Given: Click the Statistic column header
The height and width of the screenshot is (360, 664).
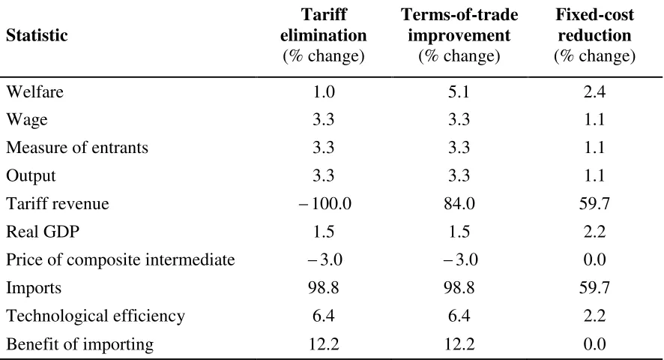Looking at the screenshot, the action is (37, 35).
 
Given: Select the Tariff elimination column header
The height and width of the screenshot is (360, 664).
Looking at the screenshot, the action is (324, 35).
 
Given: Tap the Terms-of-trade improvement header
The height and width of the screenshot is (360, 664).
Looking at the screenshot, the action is (459, 35).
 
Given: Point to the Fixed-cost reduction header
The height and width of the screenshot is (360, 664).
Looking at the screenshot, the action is (594, 35).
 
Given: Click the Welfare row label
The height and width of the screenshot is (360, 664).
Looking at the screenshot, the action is (34, 91).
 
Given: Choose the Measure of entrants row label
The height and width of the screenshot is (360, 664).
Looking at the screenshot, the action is (77, 148).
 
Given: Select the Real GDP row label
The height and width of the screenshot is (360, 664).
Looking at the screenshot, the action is (43, 232).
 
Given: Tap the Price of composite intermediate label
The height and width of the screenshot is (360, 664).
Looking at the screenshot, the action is (120, 259).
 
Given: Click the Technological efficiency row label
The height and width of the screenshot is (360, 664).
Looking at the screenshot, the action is (95, 316).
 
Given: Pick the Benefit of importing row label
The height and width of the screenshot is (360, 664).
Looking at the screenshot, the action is (79, 344).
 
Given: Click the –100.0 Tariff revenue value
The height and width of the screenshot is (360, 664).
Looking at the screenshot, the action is (325, 203).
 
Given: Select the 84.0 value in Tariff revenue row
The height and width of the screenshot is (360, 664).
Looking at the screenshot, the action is (459, 203).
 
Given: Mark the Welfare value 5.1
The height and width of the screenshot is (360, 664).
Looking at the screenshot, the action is (459, 91).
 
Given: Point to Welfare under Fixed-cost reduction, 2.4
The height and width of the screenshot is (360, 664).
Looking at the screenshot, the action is (594, 91).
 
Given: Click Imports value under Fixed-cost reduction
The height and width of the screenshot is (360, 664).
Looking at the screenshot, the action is (594, 287).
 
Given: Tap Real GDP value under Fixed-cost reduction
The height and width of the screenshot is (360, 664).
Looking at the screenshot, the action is (594, 232).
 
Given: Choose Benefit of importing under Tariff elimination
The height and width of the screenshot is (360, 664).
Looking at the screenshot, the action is (324, 344).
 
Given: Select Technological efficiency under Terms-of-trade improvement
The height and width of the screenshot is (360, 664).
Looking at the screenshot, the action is (459, 316).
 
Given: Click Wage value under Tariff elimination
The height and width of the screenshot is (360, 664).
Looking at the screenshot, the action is (324, 119).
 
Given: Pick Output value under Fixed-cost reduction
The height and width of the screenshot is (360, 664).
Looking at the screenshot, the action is (594, 175).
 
